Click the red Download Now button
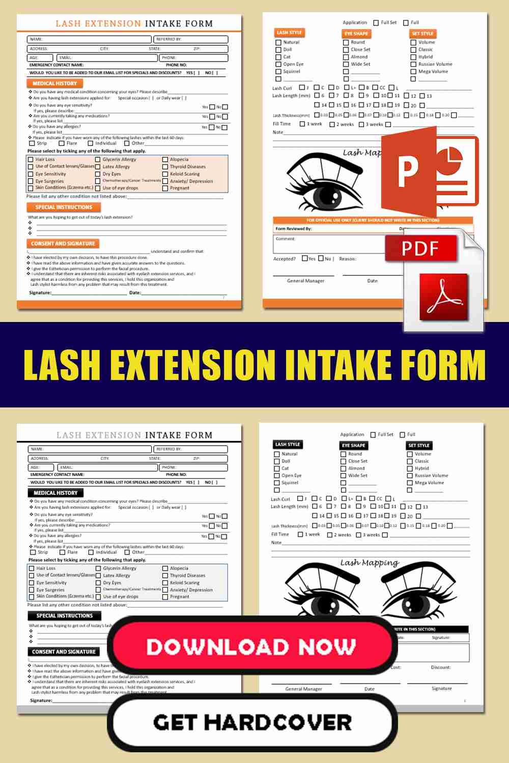(x=252, y=646)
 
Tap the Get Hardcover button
(x=252, y=722)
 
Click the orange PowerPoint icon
(x=430, y=170)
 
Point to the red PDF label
(x=420, y=248)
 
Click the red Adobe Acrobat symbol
(x=443, y=297)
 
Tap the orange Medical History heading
(x=54, y=83)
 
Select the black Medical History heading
(x=55, y=493)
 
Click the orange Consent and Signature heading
(x=63, y=244)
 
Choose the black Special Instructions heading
(x=64, y=615)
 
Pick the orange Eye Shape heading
(x=356, y=34)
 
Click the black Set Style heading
(x=419, y=445)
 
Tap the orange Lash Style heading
(x=289, y=33)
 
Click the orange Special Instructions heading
(x=64, y=208)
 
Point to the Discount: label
(x=440, y=667)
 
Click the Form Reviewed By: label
(x=294, y=229)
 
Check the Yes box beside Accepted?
(x=305, y=258)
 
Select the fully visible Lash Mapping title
(x=370, y=563)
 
